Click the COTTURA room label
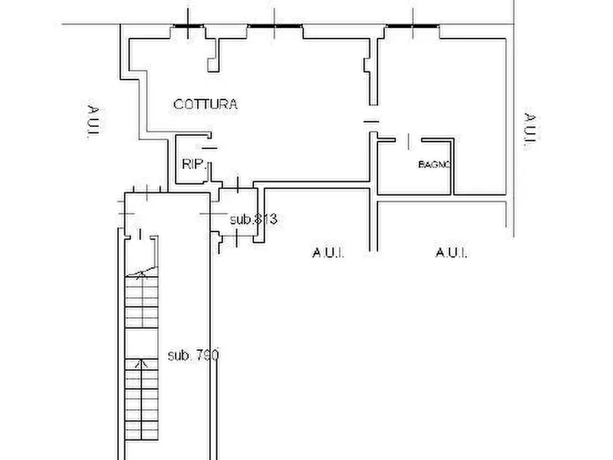(x=205, y=104)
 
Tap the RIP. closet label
(x=194, y=164)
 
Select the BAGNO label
(x=434, y=165)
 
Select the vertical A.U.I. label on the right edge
(x=529, y=130)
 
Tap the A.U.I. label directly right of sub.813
(x=328, y=253)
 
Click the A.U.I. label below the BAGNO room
(x=452, y=253)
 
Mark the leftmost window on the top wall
(x=187, y=26)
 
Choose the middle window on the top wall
(x=275, y=26)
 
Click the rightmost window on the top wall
(x=412, y=26)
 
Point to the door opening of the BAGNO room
(x=408, y=141)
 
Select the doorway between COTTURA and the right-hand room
(x=371, y=122)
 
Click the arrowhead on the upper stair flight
(x=142, y=275)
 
